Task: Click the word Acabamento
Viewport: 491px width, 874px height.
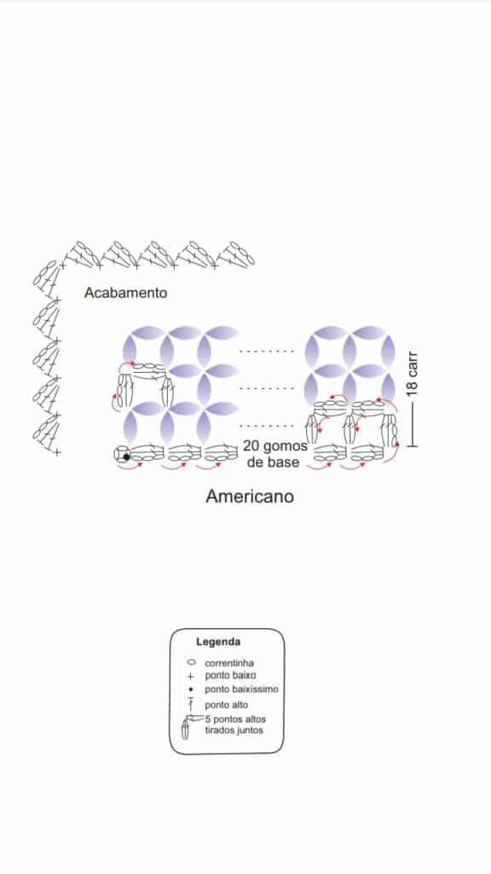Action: pyautogui.click(x=125, y=293)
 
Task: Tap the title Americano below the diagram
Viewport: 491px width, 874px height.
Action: pyautogui.click(x=250, y=496)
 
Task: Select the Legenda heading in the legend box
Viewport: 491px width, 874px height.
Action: pyautogui.click(x=218, y=642)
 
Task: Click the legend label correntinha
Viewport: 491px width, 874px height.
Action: pyautogui.click(x=229, y=663)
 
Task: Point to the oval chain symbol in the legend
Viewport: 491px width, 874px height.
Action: pyautogui.click(x=192, y=663)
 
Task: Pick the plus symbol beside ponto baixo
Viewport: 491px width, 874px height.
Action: pyautogui.click(x=191, y=677)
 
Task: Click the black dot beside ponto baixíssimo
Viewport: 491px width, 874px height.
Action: pyautogui.click(x=191, y=690)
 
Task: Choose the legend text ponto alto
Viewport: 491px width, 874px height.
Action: pyautogui.click(x=227, y=705)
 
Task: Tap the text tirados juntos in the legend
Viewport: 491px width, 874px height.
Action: pyautogui.click(x=234, y=731)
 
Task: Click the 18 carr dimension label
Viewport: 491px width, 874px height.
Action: pyautogui.click(x=413, y=374)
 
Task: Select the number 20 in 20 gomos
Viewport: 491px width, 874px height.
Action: pyautogui.click(x=251, y=446)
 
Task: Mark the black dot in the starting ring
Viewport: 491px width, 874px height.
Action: pyautogui.click(x=126, y=457)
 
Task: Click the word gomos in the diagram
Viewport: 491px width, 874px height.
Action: pyautogui.click(x=285, y=447)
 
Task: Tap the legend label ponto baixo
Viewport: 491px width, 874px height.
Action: pyautogui.click(x=230, y=676)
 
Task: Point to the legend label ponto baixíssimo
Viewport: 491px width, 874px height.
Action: pyautogui.click(x=241, y=690)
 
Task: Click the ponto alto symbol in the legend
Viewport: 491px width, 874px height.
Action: pyautogui.click(x=191, y=704)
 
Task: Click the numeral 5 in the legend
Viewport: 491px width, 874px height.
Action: pyautogui.click(x=208, y=719)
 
